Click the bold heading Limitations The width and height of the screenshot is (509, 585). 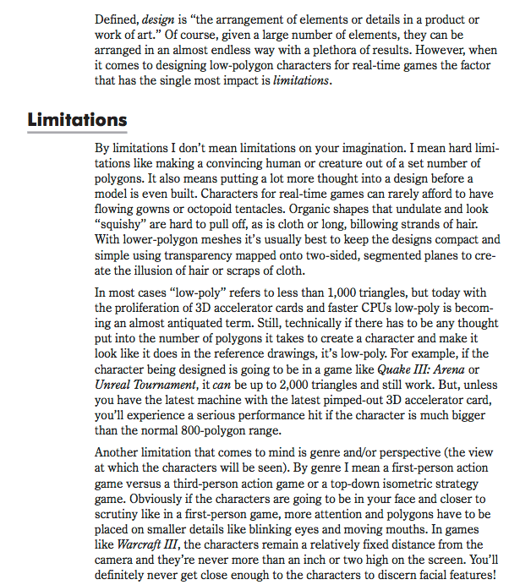pos(77,119)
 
